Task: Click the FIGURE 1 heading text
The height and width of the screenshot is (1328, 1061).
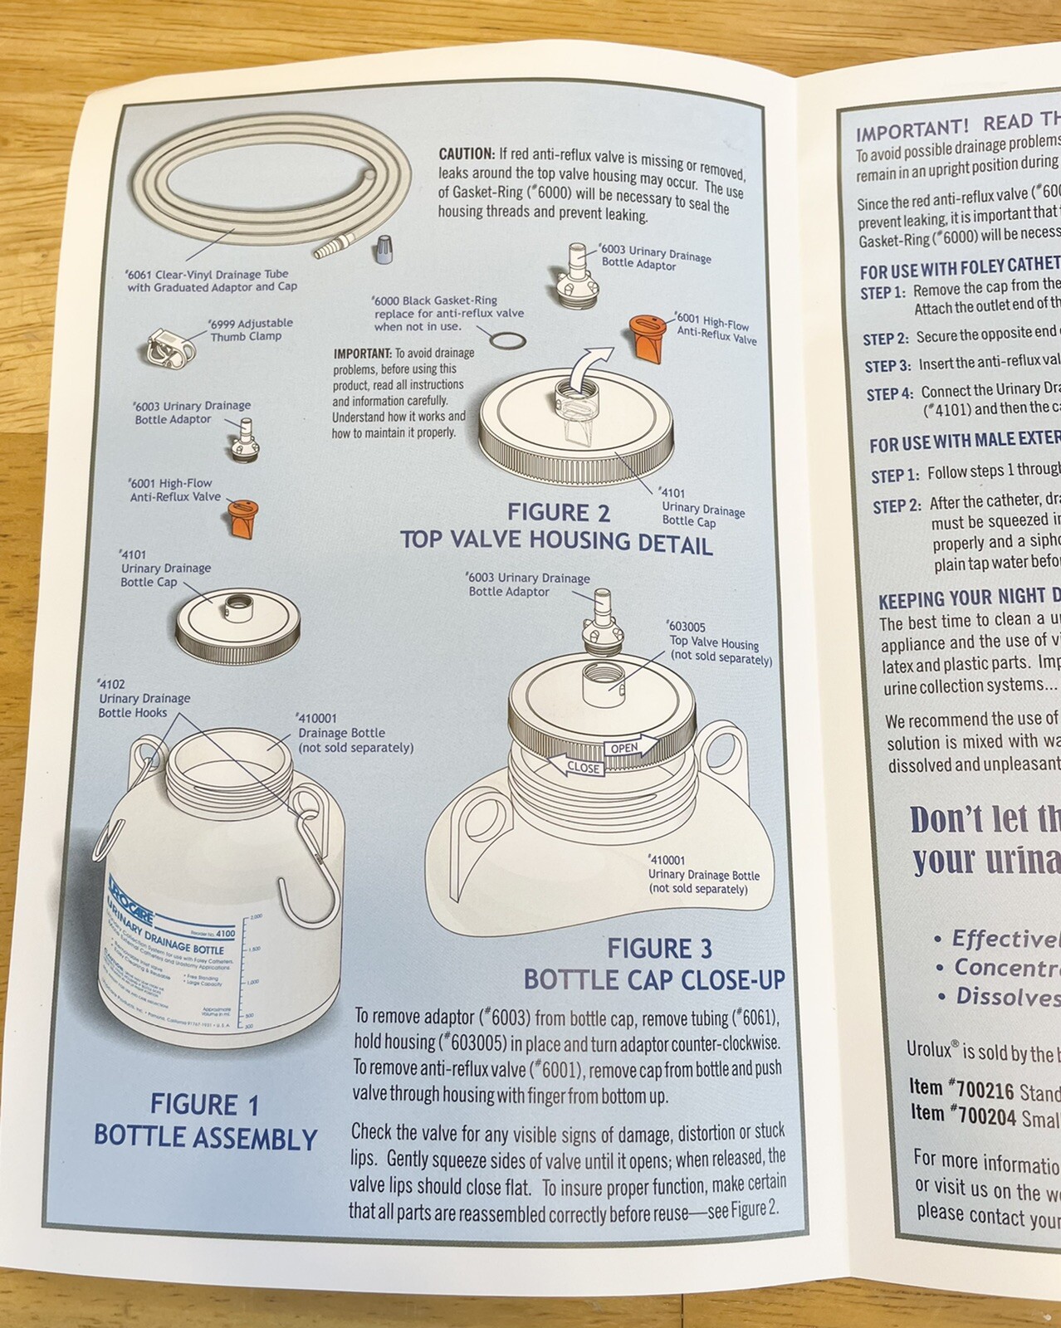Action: point(204,1105)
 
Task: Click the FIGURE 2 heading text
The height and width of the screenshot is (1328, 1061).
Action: point(558,513)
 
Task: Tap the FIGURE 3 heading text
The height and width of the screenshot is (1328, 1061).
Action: point(660,948)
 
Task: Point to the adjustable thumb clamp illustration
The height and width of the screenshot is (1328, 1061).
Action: point(169,349)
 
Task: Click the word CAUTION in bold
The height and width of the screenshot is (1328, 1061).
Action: point(466,154)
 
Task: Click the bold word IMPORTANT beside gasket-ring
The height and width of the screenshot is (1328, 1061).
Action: point(361,353)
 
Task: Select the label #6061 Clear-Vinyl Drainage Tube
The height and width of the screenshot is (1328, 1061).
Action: point(211,281)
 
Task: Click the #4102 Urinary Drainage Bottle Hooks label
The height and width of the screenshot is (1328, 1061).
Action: point(143,698)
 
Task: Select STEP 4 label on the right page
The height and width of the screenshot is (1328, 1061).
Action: point(889,394)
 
